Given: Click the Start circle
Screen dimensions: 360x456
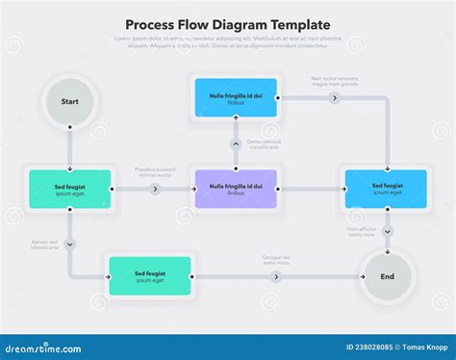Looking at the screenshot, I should point(69,100).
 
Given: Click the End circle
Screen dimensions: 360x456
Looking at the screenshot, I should point(387,276).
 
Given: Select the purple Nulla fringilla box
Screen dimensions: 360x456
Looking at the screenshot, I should point(236,189).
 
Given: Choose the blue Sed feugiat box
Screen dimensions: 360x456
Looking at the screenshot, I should point(387,189).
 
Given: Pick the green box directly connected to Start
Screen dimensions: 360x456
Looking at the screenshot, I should point(70,189).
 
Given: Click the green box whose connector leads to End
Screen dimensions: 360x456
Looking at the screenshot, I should point(149,276).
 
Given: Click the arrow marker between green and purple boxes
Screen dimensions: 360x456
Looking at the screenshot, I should point(155,190).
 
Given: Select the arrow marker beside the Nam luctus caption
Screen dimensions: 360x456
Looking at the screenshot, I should point(335,98).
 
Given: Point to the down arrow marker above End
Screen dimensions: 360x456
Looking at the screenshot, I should point(387,232).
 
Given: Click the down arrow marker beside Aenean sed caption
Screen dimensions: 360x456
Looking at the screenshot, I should point(70,244).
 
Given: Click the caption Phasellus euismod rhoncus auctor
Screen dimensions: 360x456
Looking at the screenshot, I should point(154,173).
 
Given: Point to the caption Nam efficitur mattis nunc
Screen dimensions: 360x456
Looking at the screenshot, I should point(362,232).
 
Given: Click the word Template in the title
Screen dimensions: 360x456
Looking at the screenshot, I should point(296,24).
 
